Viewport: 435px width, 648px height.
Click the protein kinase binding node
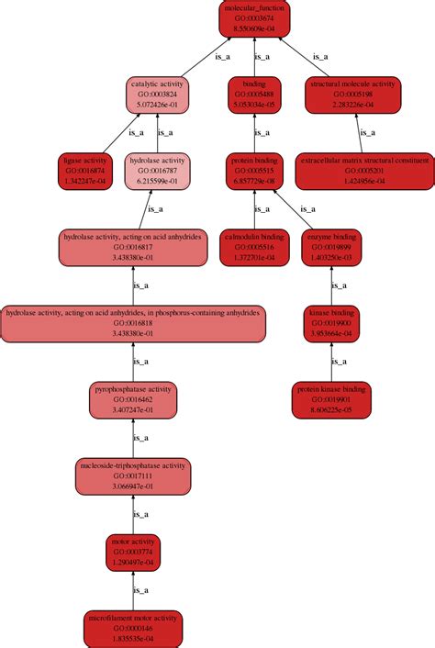click(332, 399)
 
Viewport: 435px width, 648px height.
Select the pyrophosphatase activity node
click(134, 399)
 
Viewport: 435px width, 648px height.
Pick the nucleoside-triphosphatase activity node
click(134, 475)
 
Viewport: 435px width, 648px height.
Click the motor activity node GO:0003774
click(134, 552)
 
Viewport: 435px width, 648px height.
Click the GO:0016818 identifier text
click(134, 323)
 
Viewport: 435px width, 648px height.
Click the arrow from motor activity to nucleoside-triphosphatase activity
click(134, 514)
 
